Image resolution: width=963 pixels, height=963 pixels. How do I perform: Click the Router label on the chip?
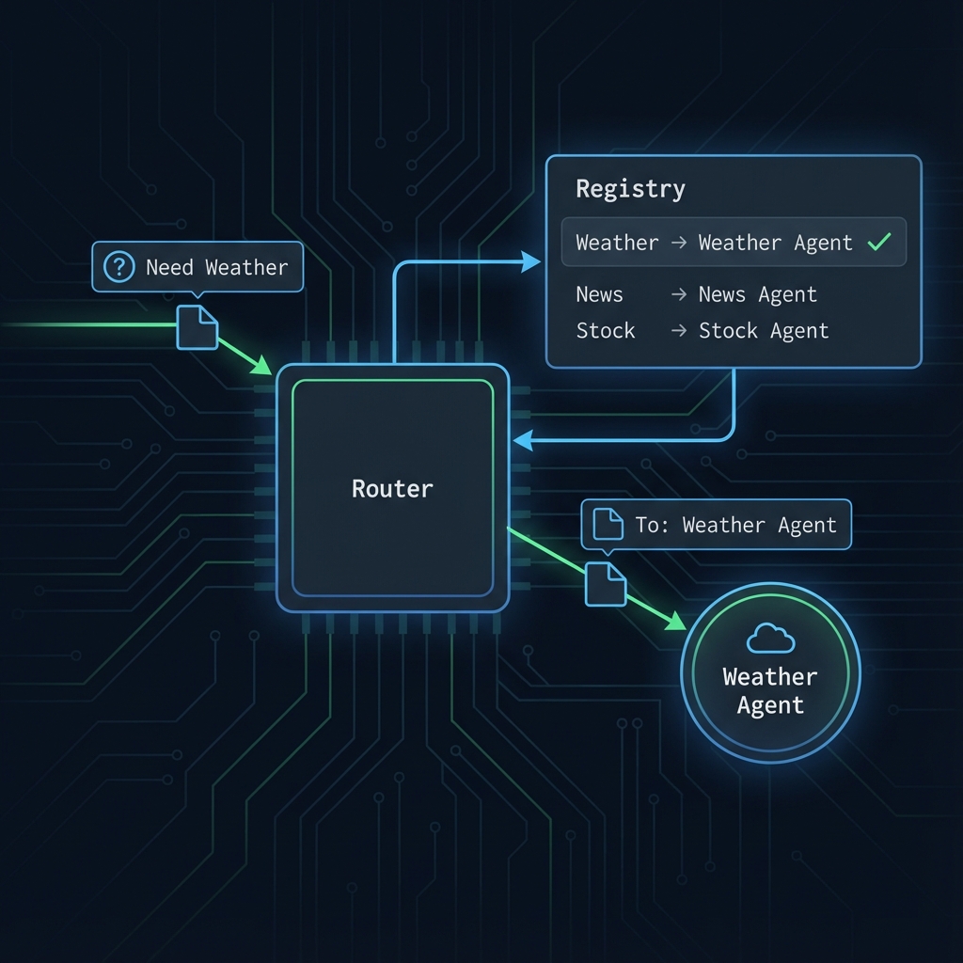(x=392, y=489)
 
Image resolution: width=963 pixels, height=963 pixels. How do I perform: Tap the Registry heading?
(x=630, y=189)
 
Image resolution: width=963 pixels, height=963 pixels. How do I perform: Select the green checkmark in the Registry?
(x=879, y=243)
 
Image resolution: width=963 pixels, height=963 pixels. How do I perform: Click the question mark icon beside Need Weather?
(x=118, y=267)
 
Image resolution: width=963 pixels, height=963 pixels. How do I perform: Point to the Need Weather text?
(x=216, y=267)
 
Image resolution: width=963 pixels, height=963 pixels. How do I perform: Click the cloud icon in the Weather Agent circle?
(x=770, y=640)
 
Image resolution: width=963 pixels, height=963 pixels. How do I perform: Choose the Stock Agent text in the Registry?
(x=763, y=331)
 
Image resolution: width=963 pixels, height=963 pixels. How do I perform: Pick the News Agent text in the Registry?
(x=757, y=294)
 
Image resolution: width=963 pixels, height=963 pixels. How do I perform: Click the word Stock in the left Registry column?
(x=605, y=331)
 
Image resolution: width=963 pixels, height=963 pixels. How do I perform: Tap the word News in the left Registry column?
(x=599, y=294)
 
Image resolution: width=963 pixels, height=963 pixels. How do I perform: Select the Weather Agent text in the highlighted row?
(x=775, y=243)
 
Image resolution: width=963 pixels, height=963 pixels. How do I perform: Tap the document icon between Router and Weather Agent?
(x=606, y=584)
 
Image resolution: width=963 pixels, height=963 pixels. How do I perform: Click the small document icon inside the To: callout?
(x=609, y=524)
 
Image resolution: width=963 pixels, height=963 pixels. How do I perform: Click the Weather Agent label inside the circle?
(x=770, y=691)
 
